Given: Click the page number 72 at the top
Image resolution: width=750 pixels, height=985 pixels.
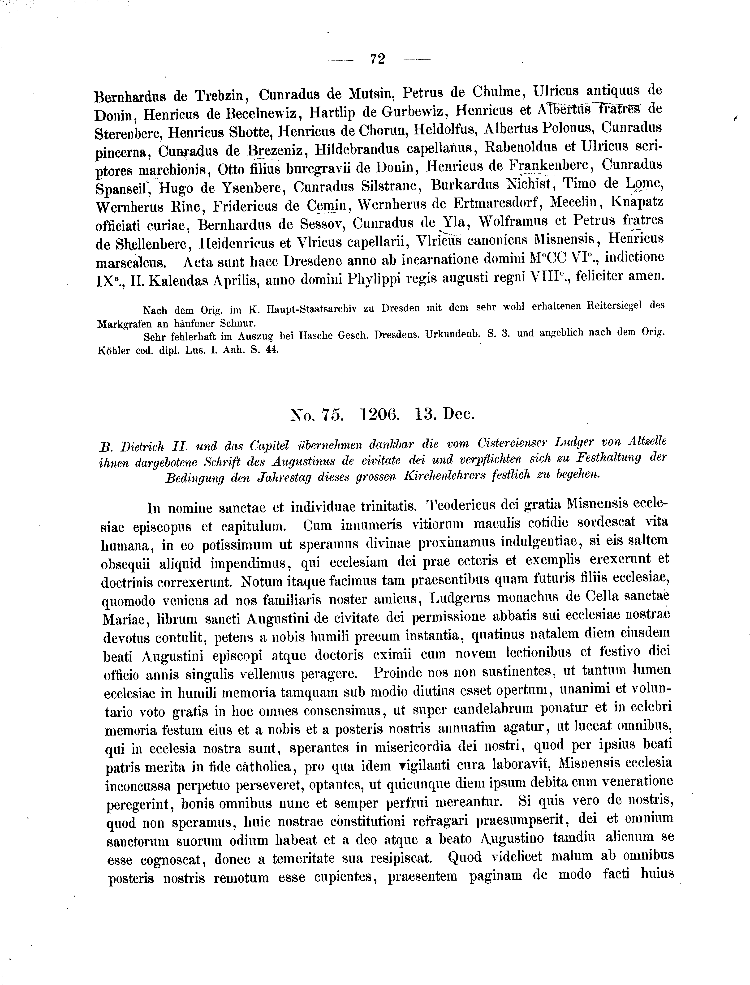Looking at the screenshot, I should point(377,58).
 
